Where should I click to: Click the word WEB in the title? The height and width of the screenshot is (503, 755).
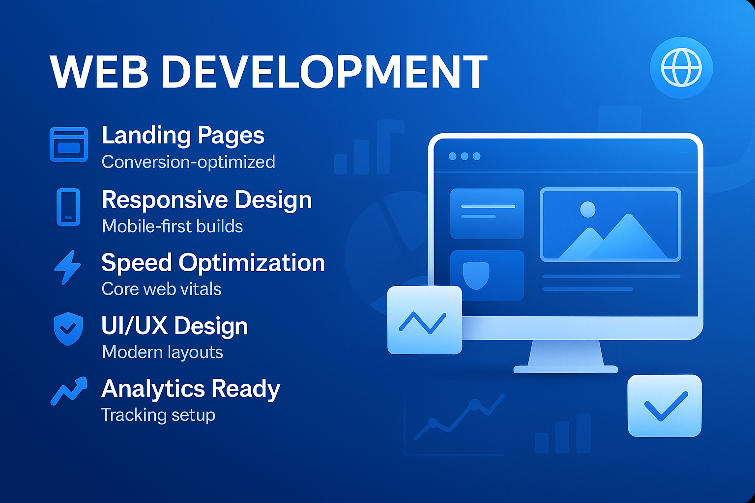99,71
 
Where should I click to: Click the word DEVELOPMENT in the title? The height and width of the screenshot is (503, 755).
324,71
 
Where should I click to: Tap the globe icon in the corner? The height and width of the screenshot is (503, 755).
681,68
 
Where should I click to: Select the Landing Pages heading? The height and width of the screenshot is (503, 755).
183,136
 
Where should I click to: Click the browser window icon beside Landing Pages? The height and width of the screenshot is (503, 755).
69,144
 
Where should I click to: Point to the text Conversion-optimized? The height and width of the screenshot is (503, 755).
188,162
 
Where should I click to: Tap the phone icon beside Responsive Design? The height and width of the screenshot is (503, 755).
68,207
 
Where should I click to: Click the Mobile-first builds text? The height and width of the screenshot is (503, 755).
172,226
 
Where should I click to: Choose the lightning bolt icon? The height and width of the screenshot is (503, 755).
68,268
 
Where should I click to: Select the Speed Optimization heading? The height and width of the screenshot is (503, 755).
213,262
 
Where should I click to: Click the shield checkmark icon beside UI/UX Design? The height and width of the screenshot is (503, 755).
68,329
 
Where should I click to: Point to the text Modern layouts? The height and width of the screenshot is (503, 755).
162,352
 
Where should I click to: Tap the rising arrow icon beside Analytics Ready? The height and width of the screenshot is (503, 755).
69,391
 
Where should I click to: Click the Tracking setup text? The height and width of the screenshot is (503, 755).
158,415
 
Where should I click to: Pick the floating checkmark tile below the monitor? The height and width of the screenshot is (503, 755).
665,406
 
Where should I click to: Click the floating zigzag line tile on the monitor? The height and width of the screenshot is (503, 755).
425,320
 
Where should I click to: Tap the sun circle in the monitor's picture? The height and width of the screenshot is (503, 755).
588,209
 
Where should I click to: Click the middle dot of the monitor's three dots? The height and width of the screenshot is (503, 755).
465,156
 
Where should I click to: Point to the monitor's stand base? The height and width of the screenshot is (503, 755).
566,369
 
